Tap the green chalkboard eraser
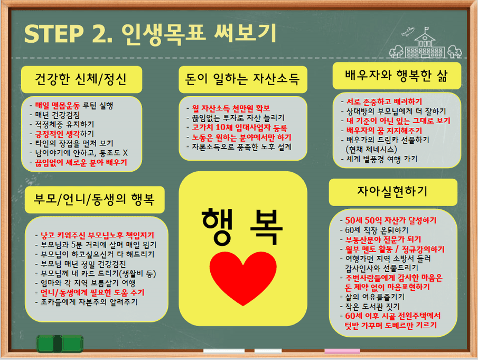tap(60, 344)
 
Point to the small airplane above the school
tap(408, 31)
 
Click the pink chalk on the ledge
tap(342, 351)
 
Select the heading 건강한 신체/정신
tap(81, 79)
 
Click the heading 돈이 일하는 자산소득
tap(242, 79)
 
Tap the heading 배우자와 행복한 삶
tap(396, 76)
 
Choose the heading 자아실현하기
tap(392, 191)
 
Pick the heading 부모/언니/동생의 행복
tap(94, 199)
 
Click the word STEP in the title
tap(54, 33)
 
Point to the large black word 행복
tap(242, 227)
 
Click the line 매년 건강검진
tap(58, 115)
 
